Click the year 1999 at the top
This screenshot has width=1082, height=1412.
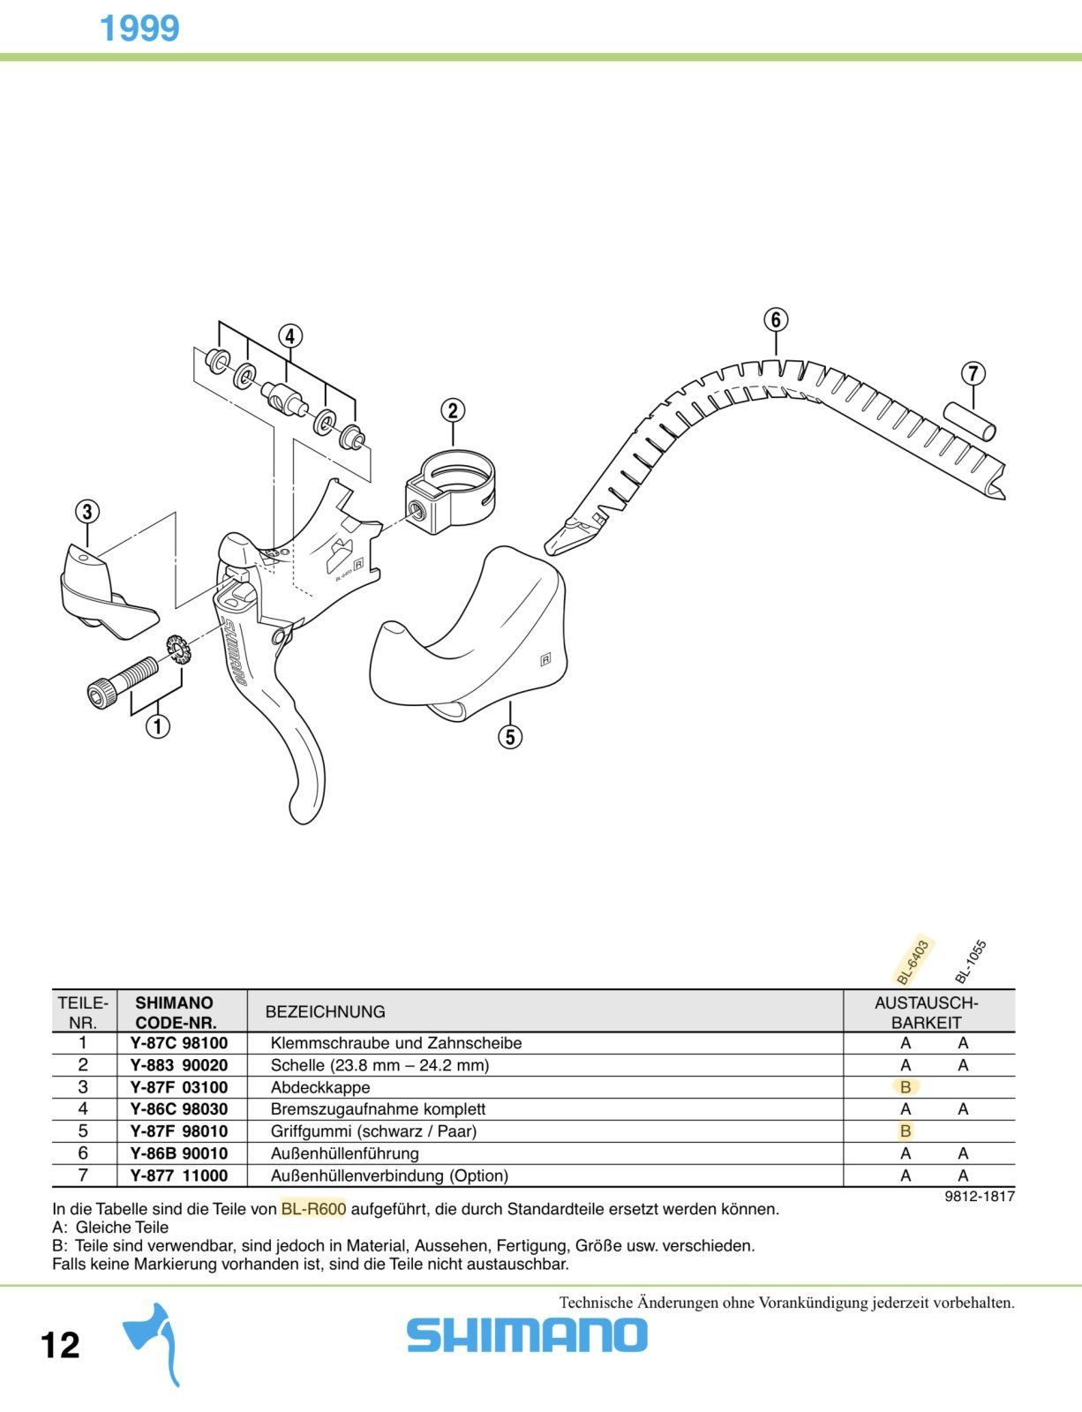[x=139, y=28]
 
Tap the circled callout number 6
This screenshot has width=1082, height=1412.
[x=776, y=319]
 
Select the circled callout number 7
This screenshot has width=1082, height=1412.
[x=973, y=373]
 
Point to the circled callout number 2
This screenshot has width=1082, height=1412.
[x=453, y=410]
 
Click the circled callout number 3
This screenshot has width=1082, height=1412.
[x=87, y=512]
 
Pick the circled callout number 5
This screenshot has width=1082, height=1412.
[x=510, y=737]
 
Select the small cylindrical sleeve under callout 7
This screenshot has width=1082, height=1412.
[x=970, y=422]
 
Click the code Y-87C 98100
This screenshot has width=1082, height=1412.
[x=179, y=1044]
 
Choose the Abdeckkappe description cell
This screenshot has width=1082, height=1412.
[x=320, y=1087]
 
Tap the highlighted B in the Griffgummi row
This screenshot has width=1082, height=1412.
[x=905, y=1131]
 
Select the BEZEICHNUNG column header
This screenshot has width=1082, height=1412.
[x=325, y=1011]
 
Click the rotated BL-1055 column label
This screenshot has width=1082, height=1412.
[x=971, y=962]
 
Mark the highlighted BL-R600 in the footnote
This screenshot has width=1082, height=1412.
[x=313, y=1209]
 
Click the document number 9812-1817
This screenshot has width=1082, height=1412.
[x=980, y=1197]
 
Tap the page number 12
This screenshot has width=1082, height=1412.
[x=60, y=1344]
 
